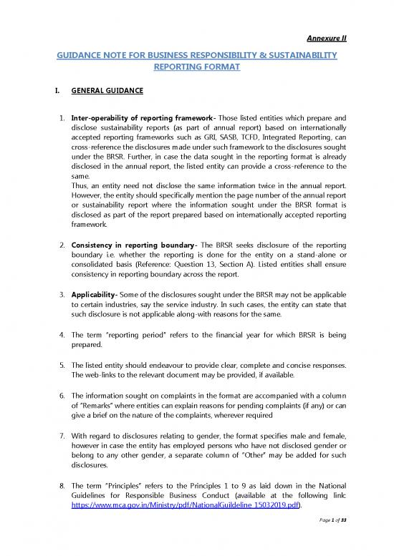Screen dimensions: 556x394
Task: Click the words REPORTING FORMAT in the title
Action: click(196, 68)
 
